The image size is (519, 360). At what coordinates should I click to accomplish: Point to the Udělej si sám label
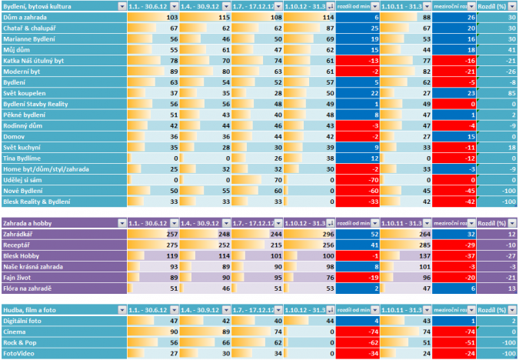pos(23,178)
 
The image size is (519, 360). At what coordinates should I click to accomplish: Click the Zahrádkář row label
pos(22,233)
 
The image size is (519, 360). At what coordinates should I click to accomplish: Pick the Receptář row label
pos(19,244)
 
